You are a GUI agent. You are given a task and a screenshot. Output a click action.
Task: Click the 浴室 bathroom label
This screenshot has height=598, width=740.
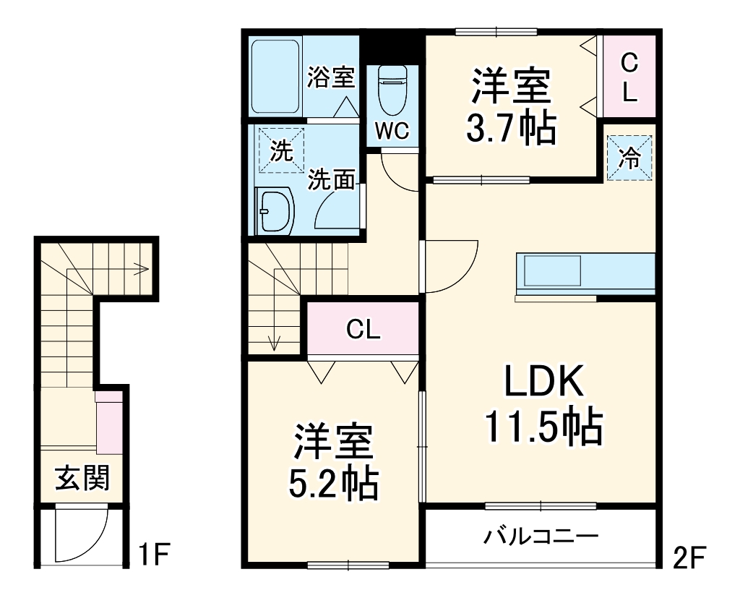point(330,77)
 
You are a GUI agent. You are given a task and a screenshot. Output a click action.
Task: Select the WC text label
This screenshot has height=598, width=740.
point(392,130)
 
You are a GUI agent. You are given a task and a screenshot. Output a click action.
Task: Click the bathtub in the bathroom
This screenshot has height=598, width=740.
point(275,74)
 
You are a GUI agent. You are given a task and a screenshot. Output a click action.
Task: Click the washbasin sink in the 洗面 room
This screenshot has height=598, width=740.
point(275,210)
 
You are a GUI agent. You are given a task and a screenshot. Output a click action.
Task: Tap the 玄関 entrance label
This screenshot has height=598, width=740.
point(83,478)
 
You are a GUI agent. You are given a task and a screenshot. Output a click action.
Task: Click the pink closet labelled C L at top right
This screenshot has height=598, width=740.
point(629,77)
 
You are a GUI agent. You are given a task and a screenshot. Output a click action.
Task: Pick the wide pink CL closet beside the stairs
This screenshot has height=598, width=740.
point(363,330)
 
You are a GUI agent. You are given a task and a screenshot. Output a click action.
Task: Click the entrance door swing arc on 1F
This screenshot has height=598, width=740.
point(82,535)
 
